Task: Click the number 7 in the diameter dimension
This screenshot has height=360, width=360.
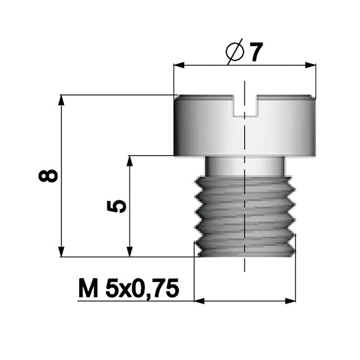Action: pyautogui.click(x=255, y=52)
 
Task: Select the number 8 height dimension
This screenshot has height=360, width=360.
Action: pyautogui.click(x=48, y=175)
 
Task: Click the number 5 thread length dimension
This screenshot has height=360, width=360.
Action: pyautogui.click(x=116, y=206)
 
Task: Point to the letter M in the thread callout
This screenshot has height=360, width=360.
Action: pyautogui.click(x=88, y=288)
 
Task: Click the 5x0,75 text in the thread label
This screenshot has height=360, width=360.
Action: pyautogui.click(x=142, y=289)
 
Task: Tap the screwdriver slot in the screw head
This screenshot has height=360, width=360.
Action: pyautogui.click(x=245, y=105)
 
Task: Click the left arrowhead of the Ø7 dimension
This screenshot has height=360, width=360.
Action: pyautogui.click(x=179, y=65)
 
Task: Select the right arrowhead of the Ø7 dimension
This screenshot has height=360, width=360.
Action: pyautogui.click(x=310, y=65)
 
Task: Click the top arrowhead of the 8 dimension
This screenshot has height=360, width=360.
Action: pyautogui.click(x=61, y=100)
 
